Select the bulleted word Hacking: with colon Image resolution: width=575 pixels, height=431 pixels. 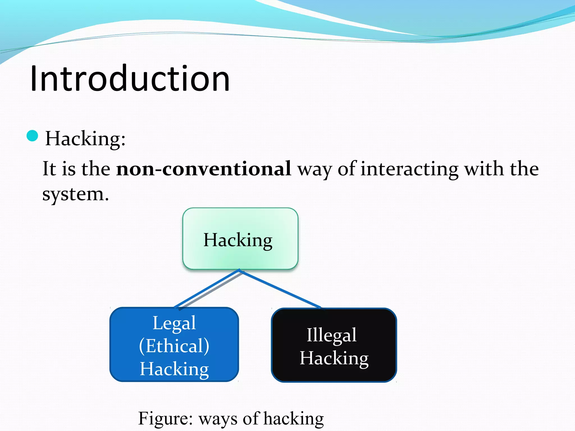pos(85,139)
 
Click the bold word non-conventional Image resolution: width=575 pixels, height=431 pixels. pos(204,169)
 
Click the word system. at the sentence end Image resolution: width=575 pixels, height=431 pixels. pos(75,194)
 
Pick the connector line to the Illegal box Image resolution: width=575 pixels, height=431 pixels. pos(281,289)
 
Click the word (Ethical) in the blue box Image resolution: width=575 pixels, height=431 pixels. pos(174,346)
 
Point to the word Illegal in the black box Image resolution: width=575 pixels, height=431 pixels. pos(331,335)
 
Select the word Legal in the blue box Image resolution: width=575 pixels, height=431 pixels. pos(174,323)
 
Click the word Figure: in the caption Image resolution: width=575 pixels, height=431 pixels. pos(165,419)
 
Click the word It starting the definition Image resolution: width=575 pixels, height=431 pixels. pos(49,169)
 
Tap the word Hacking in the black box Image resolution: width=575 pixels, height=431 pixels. pos(334,358)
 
